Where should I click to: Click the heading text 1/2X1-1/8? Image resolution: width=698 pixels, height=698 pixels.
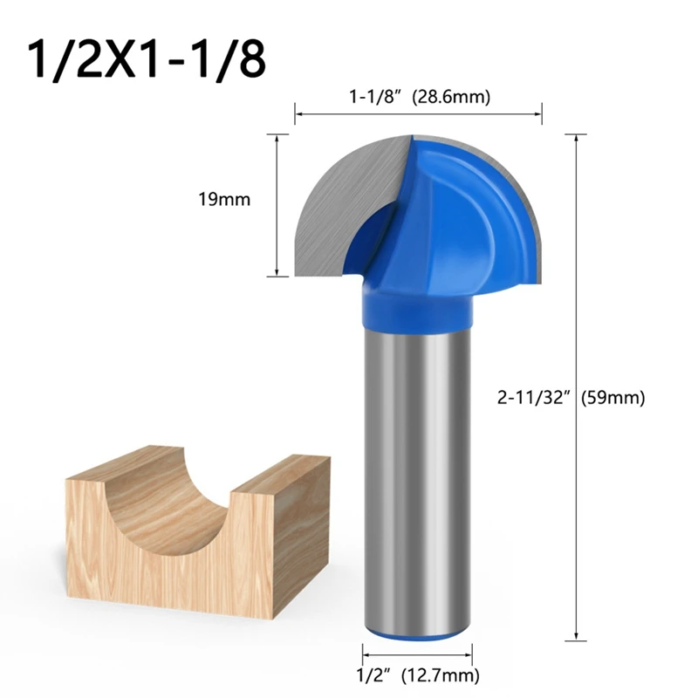coord(145,58)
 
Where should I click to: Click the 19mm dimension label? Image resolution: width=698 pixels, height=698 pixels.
coord(224,200)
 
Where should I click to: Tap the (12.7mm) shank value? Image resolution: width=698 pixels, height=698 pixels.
coord(440,674)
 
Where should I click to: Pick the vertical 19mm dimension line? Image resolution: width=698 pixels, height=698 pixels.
coord(277,206)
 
